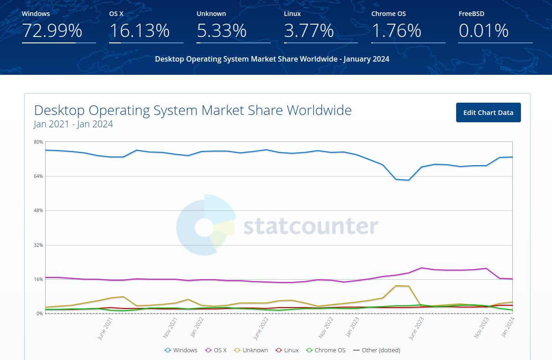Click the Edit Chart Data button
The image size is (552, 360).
tap(488, 113)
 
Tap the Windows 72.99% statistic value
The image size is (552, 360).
tap(52, 31)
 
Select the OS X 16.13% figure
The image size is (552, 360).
tap(139, 31)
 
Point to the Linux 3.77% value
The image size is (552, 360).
tap(309, 31)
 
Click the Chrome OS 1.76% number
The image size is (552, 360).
tap(396, 31)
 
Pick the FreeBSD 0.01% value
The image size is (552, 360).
tap(483, 31)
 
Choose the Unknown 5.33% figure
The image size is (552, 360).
tap(221, 31)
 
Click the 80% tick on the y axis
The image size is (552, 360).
tap(38, 142)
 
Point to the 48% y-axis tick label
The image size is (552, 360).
tap(38, 211)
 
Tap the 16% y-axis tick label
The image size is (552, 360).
tap(38, 279)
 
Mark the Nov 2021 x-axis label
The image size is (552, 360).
tap(170, 329)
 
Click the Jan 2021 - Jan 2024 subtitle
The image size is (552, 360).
tap(74, 124)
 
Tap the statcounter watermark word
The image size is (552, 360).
tap(310, 226)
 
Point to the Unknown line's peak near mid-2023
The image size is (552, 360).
tap(396, 286)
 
